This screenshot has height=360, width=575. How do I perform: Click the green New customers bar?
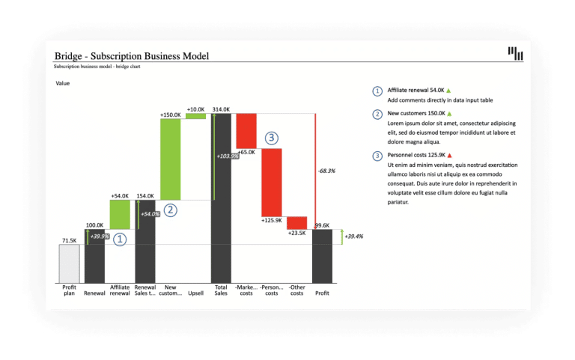pyautogui.click(x=171, y=159)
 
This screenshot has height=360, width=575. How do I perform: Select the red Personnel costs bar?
pyautogui.click(x=271, y=182)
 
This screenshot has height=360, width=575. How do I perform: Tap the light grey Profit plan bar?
pyautogui.click(x=69, y=263)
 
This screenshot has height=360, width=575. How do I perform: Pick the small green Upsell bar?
pyautogui.click(x=195, y=116)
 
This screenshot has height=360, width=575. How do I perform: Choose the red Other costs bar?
pyautogui.click(x=296, y=222)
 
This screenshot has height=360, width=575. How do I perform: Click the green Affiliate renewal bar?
pyautogui.click(x=120, y=214)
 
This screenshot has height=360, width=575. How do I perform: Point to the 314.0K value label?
pyautogui.click(x=221, y=109)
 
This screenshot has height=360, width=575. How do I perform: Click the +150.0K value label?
pyautogui.click(x=170, y=115)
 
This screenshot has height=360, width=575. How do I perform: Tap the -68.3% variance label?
pyautogui.click(x=326, y=171)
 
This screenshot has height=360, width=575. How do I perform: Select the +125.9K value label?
pyautogui.click(x=271, y=220)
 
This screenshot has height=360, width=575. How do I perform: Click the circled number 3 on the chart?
pyautogui.click(x=272, y=138)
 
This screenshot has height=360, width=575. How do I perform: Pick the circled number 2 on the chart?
pyautogui.click(x=170, y=210)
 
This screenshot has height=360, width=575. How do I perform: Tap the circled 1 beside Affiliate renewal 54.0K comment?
pyautogui.click(x=377, y=91)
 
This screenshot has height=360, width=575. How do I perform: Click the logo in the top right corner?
pyautogui.click(x=515, y=53)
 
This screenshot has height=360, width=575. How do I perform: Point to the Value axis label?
pyautogui.click(x=64, y=83)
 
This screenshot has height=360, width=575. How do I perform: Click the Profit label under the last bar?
pyautogui.click(x=322, y=293)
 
